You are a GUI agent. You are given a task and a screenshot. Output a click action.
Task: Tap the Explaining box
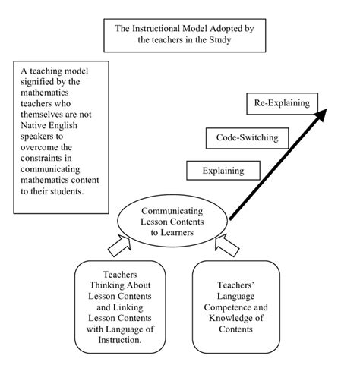(x=223, y=171)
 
